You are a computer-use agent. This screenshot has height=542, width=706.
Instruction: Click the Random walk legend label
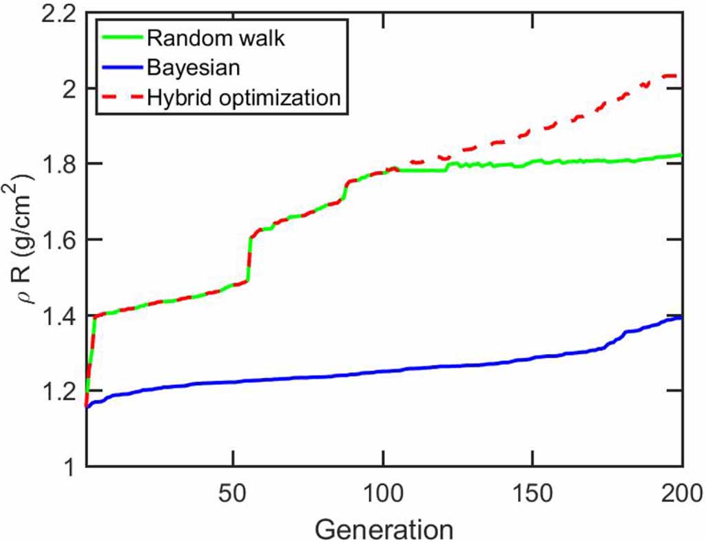tap(216, 37)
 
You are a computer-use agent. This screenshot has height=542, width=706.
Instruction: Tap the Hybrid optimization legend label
tap(244, 98)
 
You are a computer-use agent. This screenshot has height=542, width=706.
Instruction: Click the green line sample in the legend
tap(118, 38)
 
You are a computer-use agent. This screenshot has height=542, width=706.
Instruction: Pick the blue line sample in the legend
tap(118, 68)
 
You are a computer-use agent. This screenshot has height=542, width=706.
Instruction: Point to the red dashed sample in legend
tap(118, 98)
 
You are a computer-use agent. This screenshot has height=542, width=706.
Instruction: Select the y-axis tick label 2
tap(68, 89)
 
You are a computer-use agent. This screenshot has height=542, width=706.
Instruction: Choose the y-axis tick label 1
tap(68, 467)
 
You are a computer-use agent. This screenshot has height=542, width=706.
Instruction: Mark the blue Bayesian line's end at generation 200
tap(681, 317)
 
